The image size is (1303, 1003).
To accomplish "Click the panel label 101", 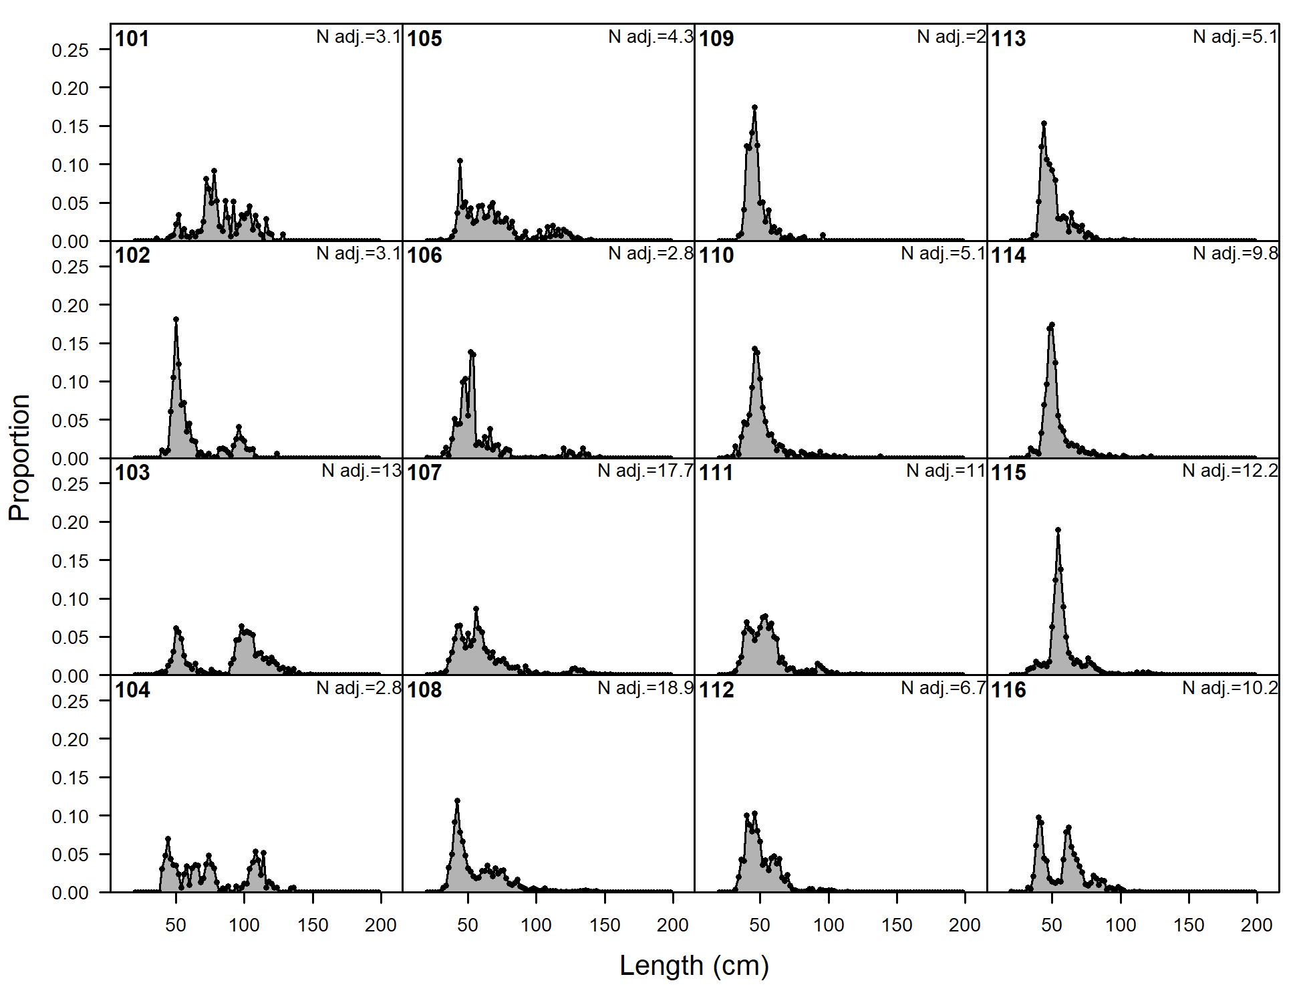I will [132, 39].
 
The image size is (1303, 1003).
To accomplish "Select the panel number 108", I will [424, 690].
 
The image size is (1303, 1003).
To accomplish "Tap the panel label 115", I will [1008, 473].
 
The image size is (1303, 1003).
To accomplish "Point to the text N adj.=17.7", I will [645, 471].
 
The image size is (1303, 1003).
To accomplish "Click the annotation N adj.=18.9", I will [645, 688].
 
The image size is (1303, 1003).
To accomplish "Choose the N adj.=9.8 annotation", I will [1236, 253].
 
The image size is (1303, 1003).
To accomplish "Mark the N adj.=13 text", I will [361, 471].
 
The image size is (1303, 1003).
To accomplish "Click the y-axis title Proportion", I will [20, 458].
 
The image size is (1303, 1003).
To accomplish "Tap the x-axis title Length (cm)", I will [694, 966].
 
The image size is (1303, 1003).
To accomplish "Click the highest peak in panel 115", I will [1058, 530].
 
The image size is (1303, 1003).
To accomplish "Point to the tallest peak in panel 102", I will [176, 320].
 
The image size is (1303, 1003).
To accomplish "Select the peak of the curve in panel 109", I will [754, 107].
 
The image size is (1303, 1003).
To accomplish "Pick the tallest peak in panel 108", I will [457, 800].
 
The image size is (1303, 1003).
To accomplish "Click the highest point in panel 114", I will [1052, 325].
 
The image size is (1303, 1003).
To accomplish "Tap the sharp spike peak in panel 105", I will [460, 160].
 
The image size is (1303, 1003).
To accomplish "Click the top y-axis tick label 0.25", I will [69, 50].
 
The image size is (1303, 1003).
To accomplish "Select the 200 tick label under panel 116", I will [1256, 925].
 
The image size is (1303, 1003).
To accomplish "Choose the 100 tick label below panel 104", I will [244, 925].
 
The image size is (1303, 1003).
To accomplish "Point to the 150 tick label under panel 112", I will [896, 925].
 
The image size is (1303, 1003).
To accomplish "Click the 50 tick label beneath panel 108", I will [468, 925].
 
